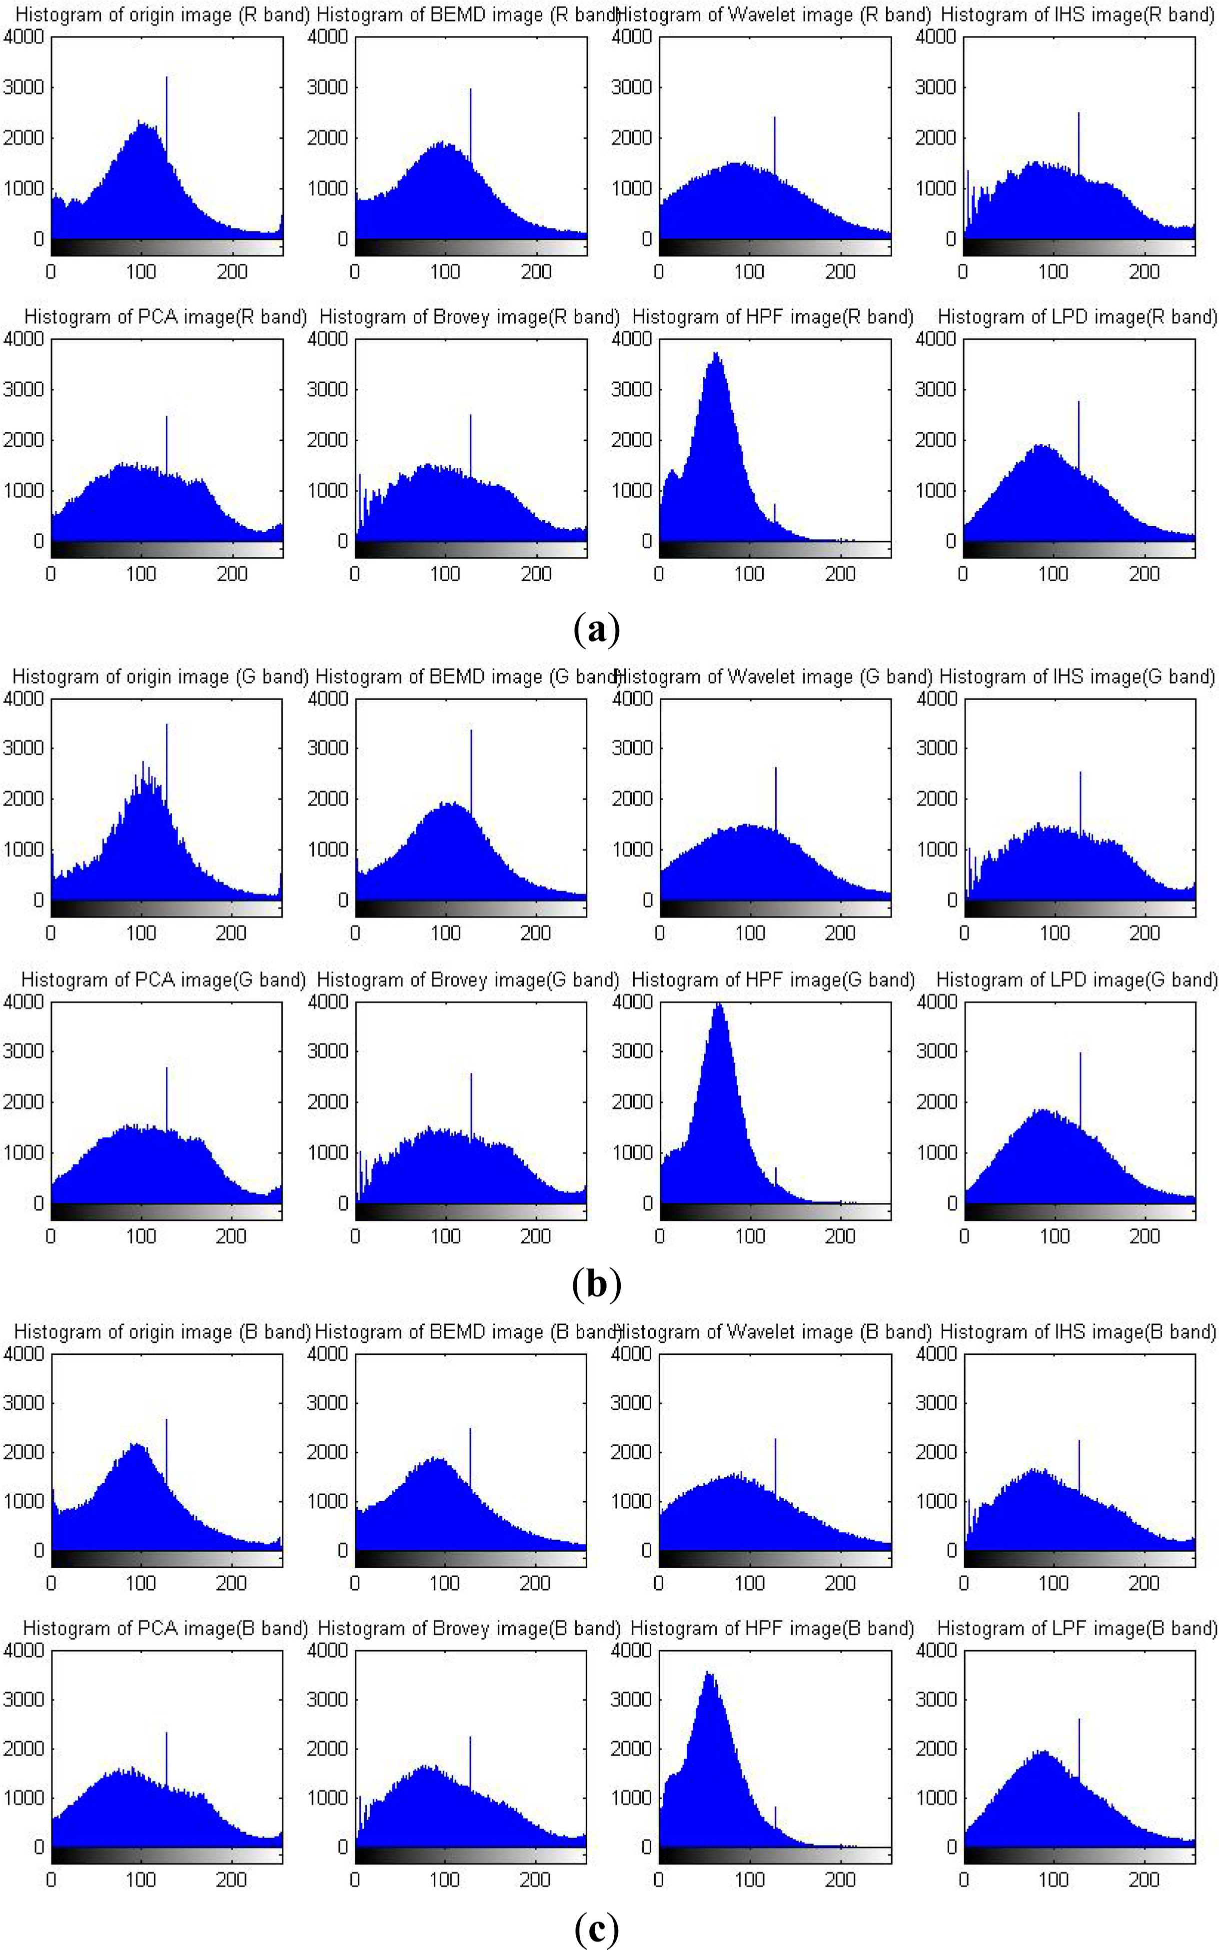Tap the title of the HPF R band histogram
772,317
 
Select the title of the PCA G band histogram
163,980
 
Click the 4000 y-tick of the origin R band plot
23,37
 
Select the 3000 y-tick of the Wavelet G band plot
632,748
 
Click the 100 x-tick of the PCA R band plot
141,574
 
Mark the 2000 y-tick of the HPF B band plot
632,1749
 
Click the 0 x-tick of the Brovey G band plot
355,1236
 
